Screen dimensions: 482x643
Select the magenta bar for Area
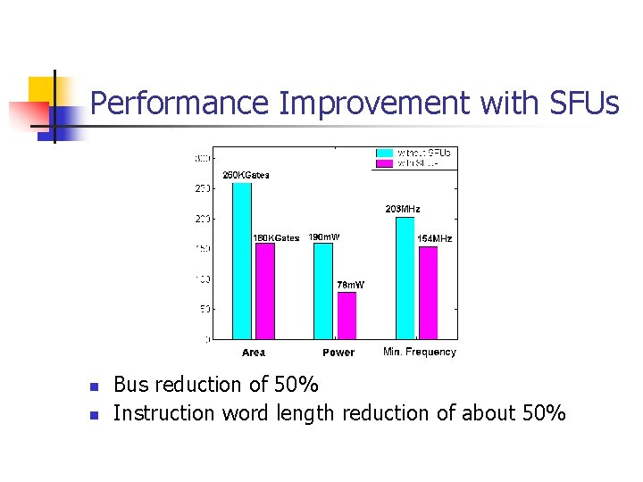coord(265,291)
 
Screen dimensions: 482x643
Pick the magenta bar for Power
coord(347,315)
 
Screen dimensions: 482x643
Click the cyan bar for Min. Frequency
coord(405,278)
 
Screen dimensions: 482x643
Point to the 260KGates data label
coord(246,175)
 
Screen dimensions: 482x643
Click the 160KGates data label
coord(276,238)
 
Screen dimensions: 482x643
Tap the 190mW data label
coord(323,237)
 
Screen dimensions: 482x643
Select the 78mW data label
coord(350,285)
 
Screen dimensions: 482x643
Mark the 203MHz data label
coord(403,209)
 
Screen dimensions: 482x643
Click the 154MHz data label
coord(435,238)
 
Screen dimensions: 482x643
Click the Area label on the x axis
coord(254,353)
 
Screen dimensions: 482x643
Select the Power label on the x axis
coord(338,353)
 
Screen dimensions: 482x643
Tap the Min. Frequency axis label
coord(419,352)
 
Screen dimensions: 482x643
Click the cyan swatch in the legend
coord(386,153)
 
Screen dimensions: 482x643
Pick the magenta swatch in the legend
coord(386,163)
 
